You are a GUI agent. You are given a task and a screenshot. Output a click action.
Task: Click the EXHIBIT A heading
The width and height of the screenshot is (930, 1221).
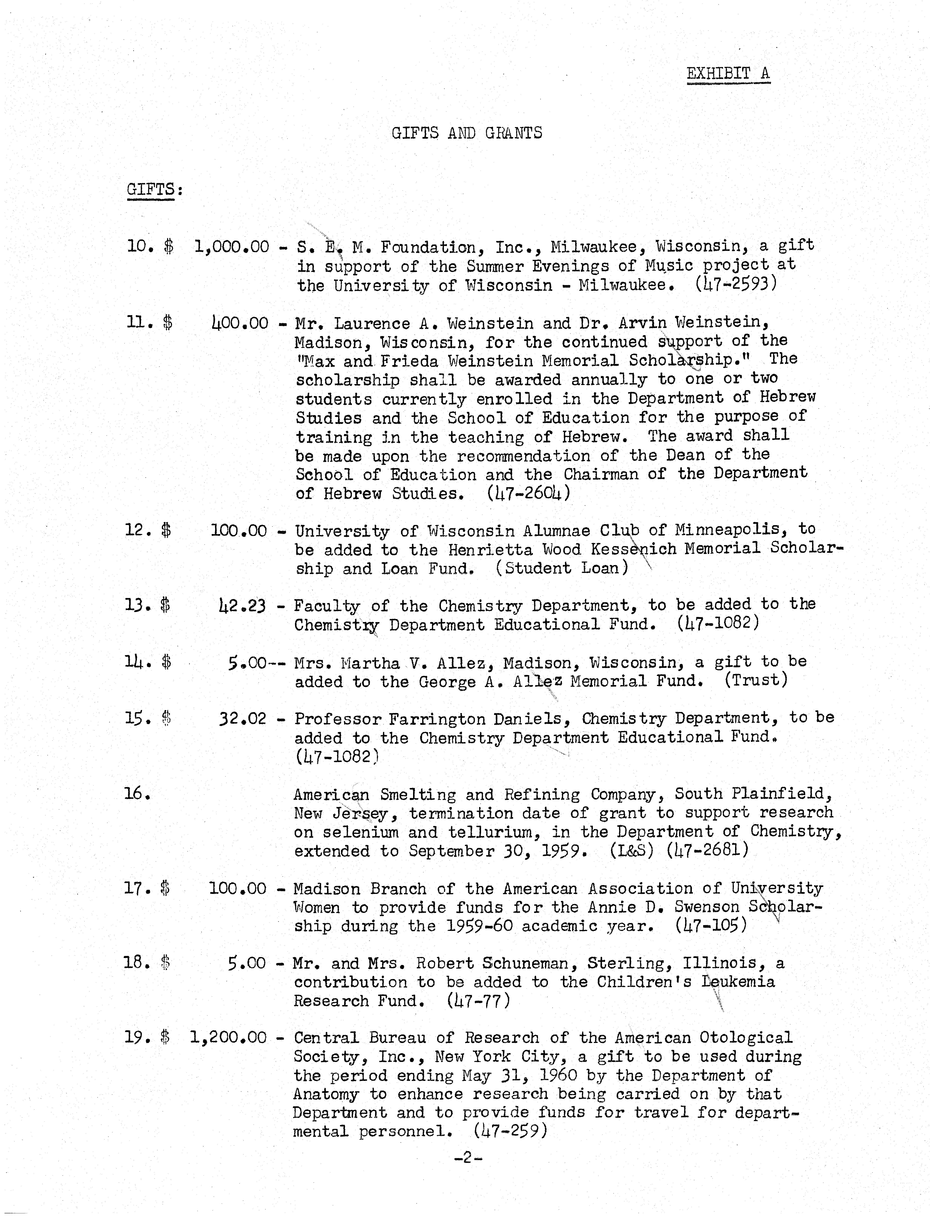728,74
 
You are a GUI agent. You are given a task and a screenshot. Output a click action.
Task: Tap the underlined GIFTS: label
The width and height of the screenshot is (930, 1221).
154,190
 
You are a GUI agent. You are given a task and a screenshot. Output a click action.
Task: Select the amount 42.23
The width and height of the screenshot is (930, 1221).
242,606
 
